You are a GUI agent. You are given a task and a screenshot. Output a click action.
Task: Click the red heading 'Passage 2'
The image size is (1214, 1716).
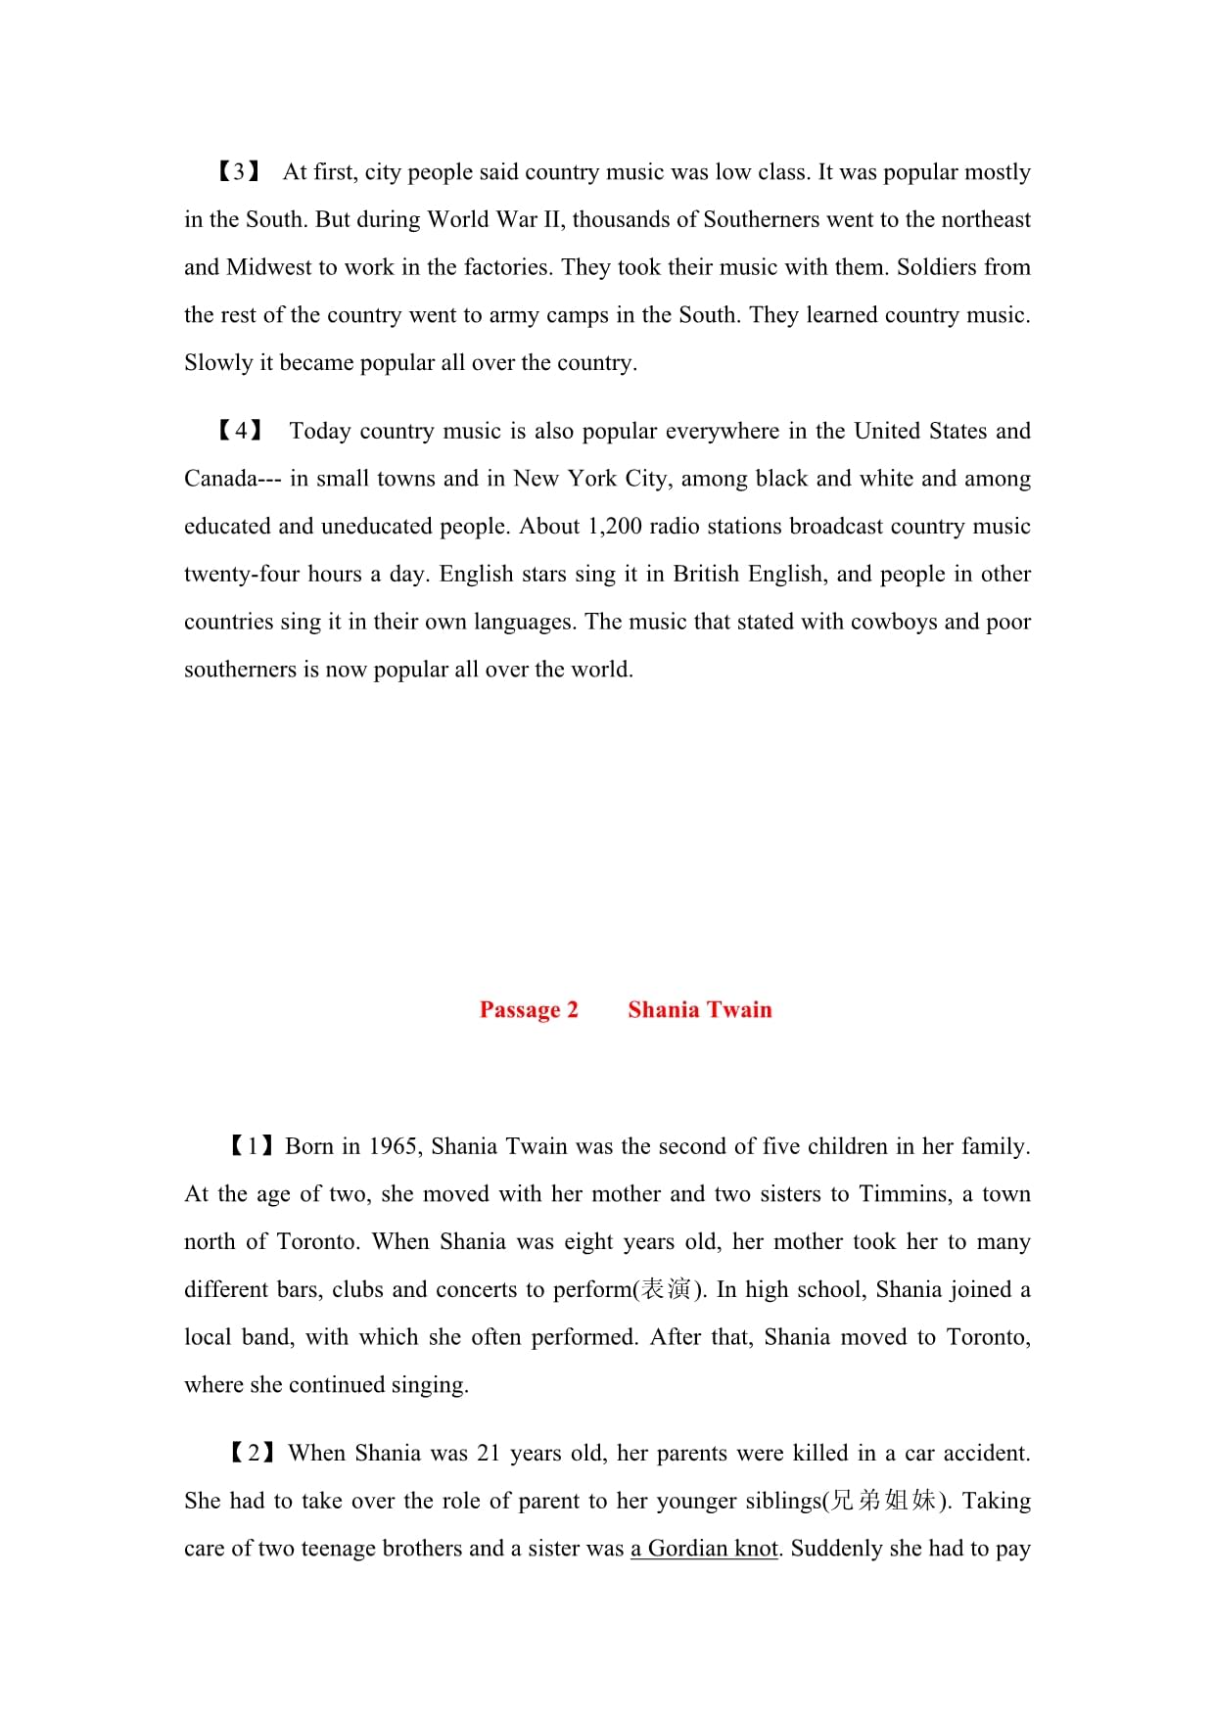point(529,1010)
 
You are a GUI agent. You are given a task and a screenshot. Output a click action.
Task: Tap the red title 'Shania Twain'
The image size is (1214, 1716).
point(700,1010)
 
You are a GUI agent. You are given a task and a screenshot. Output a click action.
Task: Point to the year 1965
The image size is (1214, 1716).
point(395,1146)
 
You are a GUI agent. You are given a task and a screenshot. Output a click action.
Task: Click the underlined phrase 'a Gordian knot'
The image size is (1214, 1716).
point(705,1549)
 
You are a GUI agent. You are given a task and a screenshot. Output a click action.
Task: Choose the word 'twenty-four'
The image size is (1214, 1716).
point(242,575)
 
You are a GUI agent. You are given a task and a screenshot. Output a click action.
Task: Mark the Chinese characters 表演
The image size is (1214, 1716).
point(666,1290)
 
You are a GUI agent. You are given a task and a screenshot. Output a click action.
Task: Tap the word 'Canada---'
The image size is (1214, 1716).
point(233,479)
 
